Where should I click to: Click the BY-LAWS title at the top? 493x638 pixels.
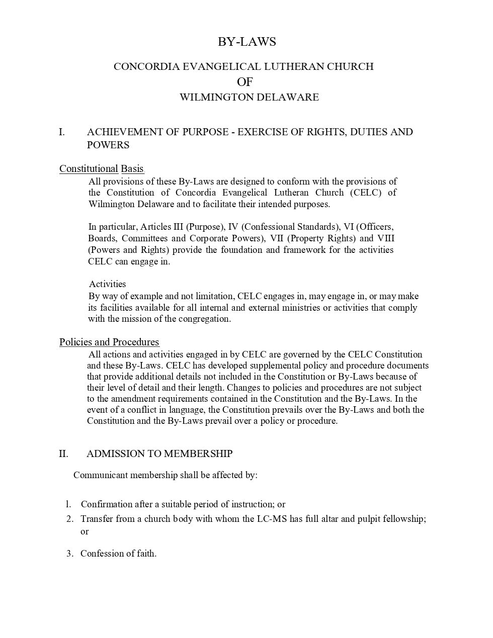click(x=247, y=42)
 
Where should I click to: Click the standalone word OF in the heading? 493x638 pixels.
click(x=244, y=82)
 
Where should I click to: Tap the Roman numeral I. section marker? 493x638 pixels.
click(x=62, y=132)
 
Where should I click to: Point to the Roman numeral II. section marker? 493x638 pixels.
click(x=63, y=454)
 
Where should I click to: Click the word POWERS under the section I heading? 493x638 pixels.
click(x=108, y=145)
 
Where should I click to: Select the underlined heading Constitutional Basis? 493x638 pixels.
click(x=102, y=169)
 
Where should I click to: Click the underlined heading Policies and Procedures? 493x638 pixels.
click(x=109, y=342)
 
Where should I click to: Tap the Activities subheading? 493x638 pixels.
click(x=108, y=284)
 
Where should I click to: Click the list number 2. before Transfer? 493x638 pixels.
click(x=70, y=519)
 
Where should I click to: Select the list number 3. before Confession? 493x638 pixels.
click(x=70, y=554)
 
